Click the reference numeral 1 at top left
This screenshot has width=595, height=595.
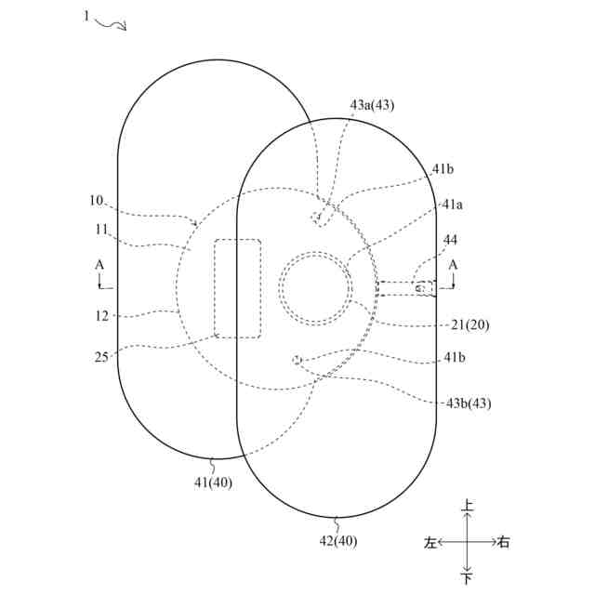click(x=87, y=16)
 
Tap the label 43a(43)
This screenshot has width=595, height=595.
click(x=372, y=105)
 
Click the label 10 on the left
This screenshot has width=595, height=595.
click(x=97, y=201)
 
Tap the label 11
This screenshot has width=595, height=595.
click(x=101, y=229)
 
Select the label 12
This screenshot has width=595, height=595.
click(x=101, y=315)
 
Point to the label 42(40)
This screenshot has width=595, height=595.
click(x=337, y=541)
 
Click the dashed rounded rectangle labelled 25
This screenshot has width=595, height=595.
click(x=238, y=288)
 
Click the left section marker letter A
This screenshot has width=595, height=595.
click(x=99, y=265)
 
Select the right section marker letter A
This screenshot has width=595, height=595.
click(x=454, y=265)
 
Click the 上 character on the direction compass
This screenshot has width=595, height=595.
click(x=468, y=507)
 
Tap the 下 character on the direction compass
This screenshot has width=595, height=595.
click(x=468, y=579)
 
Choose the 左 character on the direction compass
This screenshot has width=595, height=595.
click(x=430, y=543)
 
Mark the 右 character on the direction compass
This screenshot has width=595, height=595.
click(x=503, y=543)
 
